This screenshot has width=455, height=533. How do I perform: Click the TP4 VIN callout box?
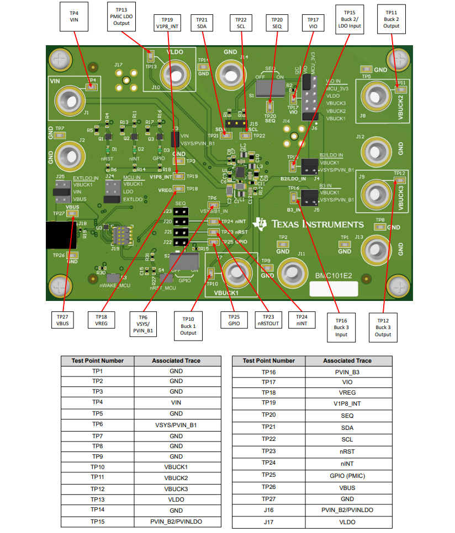[74, 15]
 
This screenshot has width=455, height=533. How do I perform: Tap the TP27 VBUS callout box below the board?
[62, 321]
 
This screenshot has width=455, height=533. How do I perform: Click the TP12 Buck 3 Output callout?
[384, 327]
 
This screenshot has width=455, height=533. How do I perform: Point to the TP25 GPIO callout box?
[234, 320]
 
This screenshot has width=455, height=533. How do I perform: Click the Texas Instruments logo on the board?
[309, 224]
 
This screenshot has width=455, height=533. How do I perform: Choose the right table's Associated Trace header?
[355, 361]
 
